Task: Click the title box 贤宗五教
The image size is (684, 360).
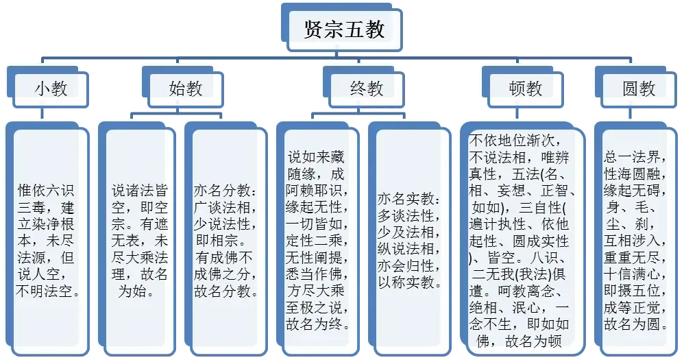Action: coord(344,29)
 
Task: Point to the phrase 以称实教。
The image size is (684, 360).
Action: coord(409,281)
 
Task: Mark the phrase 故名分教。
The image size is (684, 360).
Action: coord(226,290)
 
